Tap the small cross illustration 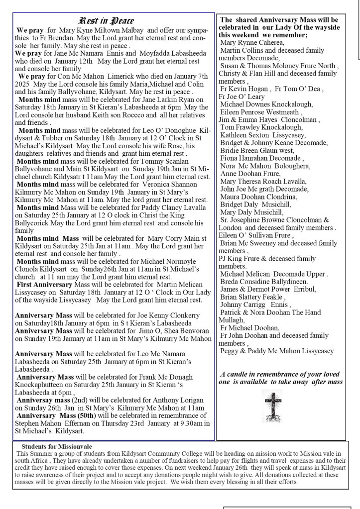coord(273,406)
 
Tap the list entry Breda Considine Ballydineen coord(268,281)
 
